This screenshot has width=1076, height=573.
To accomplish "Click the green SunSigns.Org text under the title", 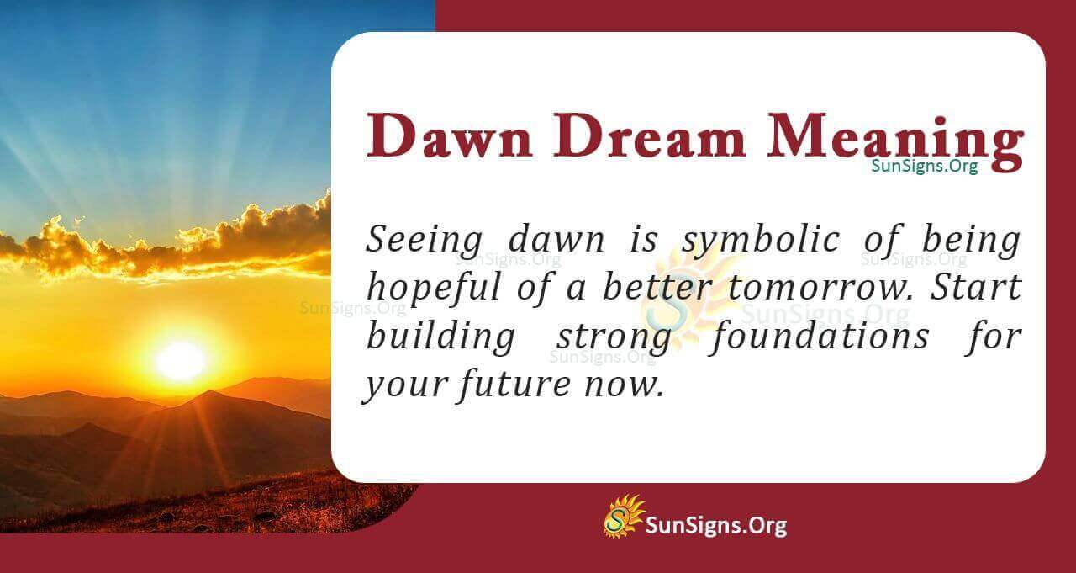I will [925, 167].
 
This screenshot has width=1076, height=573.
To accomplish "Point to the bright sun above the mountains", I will [180, 360].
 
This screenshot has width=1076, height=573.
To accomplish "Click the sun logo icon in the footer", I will [623, 516].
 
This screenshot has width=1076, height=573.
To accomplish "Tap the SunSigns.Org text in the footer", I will [715, 527].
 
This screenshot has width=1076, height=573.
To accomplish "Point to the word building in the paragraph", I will [440, 337].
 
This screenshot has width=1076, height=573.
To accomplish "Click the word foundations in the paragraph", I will [817, 337].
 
